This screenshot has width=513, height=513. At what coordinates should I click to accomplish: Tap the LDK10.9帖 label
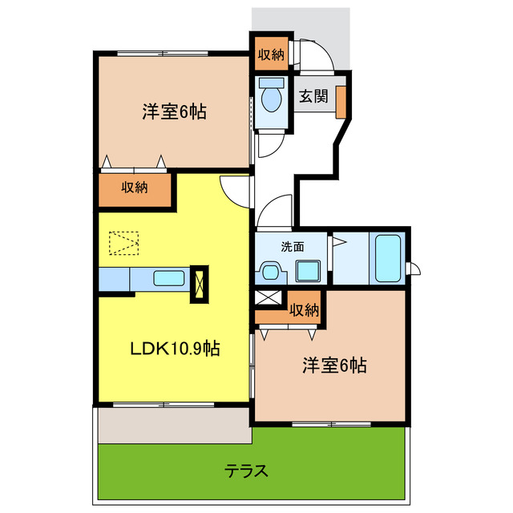coord(176,349)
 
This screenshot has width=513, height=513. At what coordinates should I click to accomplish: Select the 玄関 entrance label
coord(313,97)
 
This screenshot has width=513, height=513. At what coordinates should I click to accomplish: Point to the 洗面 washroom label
coord(292,247)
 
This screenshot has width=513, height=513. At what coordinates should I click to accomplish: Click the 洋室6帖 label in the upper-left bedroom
coord(174,113)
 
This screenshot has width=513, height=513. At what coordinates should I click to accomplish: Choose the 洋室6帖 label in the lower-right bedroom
coord(334,366)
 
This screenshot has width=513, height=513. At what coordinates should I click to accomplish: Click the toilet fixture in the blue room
coord(270,98)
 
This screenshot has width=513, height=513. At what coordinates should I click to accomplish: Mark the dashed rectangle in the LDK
coord(123,244)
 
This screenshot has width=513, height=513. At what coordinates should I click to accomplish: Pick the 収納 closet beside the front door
coord(271,55)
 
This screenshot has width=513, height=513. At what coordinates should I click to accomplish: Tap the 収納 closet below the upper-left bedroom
coord(135,188)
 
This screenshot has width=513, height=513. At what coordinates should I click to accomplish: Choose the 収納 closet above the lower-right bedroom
coord(305,309)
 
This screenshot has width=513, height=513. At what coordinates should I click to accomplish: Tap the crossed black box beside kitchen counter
coord(199,285)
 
